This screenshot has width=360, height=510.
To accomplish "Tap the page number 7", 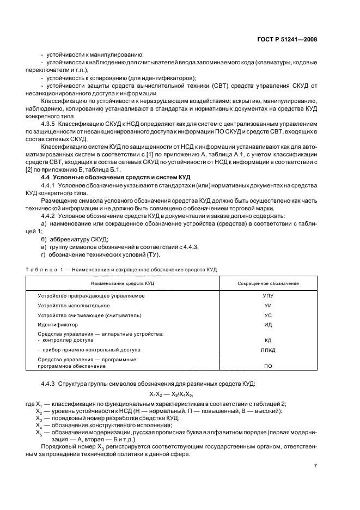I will point(315,465).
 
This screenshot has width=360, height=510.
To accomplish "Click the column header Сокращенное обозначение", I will point(268,283).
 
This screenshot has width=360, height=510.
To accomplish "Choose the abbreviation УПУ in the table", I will point(268,296).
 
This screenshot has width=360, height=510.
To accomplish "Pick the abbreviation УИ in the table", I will point(268,306).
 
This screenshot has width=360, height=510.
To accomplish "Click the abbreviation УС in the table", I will point(268,315).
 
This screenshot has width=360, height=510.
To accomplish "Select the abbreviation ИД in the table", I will point(268,325).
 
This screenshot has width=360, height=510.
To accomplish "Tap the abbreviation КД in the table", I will point(268,340).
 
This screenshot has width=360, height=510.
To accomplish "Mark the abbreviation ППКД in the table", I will point(268,350).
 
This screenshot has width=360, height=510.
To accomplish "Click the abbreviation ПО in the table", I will point(268,367).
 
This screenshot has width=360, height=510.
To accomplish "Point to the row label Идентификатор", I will point(58,325).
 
